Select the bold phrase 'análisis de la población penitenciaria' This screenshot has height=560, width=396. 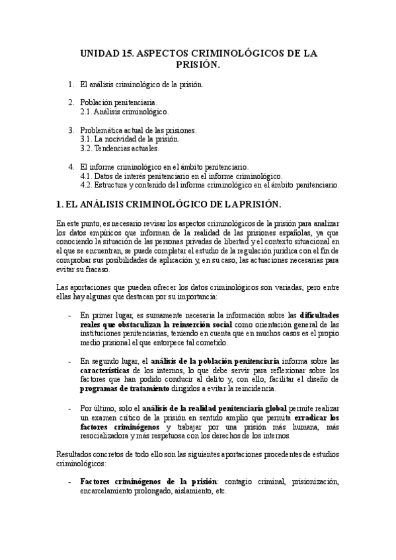point(214,361)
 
